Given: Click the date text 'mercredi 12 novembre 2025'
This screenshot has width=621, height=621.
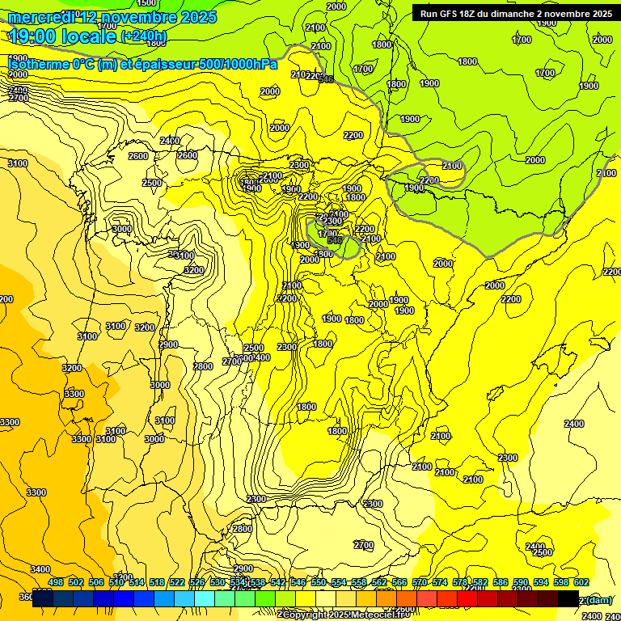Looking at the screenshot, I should pyautogui.click(x=112, y=17).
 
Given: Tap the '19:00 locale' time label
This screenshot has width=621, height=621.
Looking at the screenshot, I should pyautogui.click(x=62, y=36).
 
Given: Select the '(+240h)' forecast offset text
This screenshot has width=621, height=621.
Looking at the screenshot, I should pyautogui.click(x=143, y=36).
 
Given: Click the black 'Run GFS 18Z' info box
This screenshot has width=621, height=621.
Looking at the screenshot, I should pyautogui.click(x=514, y=14).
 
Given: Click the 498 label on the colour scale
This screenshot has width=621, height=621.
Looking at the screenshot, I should pyautogui.click(x=56, y=582).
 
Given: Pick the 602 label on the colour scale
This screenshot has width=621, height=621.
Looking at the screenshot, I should pyautogui.click(x=581, y=582).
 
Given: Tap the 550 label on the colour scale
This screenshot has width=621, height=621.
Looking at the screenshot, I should pyautogui.click(x=319, y=582).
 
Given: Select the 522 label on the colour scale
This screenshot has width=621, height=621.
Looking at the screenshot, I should pyautogui.click(x=177, y=582).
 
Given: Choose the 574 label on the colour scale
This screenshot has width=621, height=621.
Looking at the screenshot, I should pyautogui.click(x=440, y=582).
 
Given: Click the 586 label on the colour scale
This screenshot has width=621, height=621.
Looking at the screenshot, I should pyautogui.click(x=501, y=582).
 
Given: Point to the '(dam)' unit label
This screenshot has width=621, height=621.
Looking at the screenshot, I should pyautogui.click(x=599, y=600).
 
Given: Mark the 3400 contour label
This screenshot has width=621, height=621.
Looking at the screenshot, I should pyautogui.click(x=40, y=569).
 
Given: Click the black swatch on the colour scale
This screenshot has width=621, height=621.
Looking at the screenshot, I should pyautogui.click(x=568, y=598).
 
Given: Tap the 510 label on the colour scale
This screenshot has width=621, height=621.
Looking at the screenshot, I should pyautogui.click(x=116, y=582).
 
